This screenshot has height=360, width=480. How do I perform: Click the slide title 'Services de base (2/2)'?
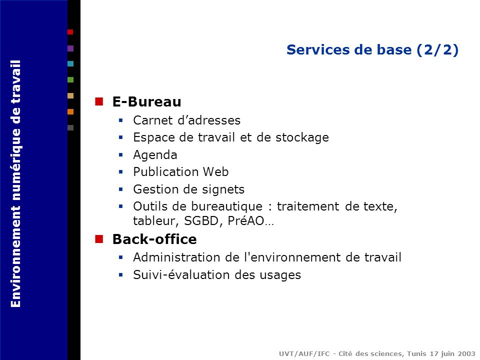pos(372,50)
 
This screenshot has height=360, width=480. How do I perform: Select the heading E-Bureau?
pos(146,102)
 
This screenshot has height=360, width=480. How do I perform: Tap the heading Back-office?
pos(154,239)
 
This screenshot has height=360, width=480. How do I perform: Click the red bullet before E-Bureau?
pos(99,102)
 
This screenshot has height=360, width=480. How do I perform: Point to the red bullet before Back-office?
pos(99,239)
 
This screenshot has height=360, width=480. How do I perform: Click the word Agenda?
pos(155,155)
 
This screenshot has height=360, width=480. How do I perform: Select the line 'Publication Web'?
pos(180,172)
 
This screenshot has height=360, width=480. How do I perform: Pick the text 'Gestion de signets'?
pos(188,189)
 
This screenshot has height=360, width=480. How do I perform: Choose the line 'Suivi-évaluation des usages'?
pos(217,275)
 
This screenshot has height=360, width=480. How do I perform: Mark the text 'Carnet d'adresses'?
pos(186,120)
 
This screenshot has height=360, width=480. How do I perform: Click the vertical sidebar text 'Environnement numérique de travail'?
pos(16,184)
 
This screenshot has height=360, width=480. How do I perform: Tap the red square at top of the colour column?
pos(70,32)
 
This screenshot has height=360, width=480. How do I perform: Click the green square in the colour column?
pos(70,79)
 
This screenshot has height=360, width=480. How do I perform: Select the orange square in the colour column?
pos(70,111)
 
